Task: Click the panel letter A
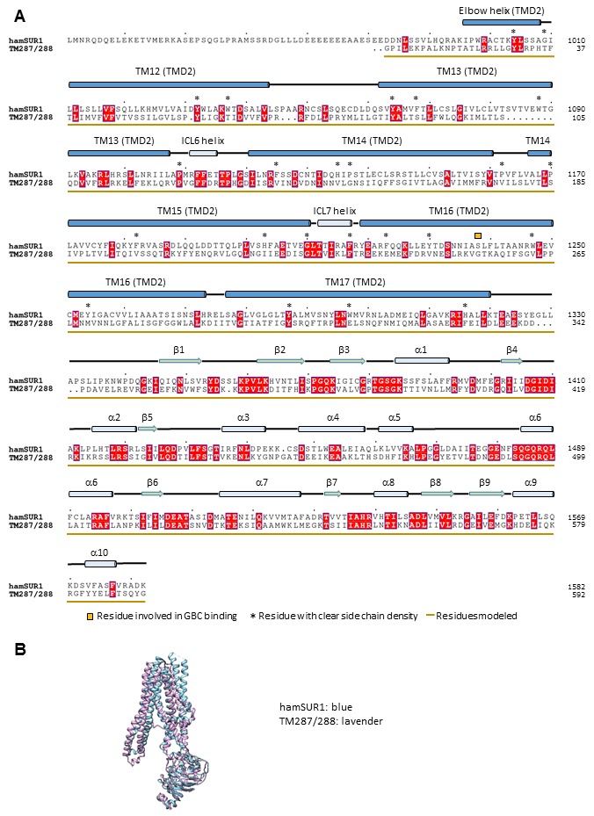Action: coord(20,16)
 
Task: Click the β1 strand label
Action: coord(179,349)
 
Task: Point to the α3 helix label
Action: coord(243,415)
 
